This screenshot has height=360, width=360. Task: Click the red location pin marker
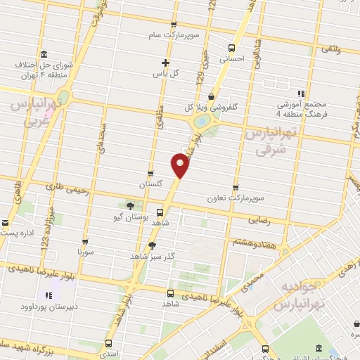click(x=180, y=165)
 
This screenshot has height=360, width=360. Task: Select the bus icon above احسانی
click(x=232, y=49)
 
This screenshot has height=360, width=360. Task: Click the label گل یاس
click(x=165, y=73)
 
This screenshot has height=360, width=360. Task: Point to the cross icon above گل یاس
click(x=165, y=63)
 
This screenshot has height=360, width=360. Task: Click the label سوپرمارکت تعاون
click(x=233, y=198)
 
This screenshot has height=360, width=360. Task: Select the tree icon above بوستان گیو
click(x=130, y=206)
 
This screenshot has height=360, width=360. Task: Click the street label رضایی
click(x=259, y=220)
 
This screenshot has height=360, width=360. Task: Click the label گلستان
click(x=150, y=183)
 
